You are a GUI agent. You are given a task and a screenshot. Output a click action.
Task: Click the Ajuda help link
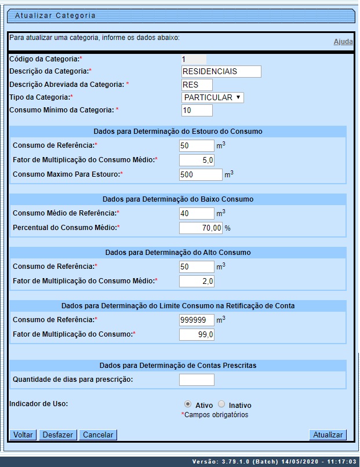pos(343,42)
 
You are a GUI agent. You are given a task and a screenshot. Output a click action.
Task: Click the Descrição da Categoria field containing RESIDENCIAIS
pos(221,71)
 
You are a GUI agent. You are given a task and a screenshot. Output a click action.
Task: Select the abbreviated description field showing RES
pos(197,85)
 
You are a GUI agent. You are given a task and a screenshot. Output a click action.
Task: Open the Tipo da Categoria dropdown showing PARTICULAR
pos(212,97)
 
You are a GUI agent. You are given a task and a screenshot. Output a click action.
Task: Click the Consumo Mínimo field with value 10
pos(197,110)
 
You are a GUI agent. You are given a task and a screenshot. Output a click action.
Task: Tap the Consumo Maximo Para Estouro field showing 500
pos(201,174)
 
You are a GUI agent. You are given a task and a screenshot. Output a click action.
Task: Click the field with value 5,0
pos(197,160)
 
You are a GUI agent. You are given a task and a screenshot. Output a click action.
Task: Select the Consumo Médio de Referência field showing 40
pos(197,213)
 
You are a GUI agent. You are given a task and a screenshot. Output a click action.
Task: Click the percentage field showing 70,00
pos(201,228)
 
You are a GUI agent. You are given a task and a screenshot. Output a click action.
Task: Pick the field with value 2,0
pos(197,281)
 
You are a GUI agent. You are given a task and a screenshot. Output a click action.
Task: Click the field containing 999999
pos(197,320)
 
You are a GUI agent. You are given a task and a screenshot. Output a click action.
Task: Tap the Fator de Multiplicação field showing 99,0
pos(197,334)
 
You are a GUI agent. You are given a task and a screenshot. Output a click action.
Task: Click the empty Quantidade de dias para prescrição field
pos(197,380)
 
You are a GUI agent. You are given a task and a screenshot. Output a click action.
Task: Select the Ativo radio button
pos(187,404)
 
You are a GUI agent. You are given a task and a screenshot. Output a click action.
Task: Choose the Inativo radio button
pos(221,404)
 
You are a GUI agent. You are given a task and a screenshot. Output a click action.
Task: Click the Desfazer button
pos(58,435)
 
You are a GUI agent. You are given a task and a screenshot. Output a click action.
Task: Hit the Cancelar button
pos(99,435)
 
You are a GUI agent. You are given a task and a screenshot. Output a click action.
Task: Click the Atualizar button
pos(328,435)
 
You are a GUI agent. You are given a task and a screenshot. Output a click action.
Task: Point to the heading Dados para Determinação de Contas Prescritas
pos(178,366)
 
